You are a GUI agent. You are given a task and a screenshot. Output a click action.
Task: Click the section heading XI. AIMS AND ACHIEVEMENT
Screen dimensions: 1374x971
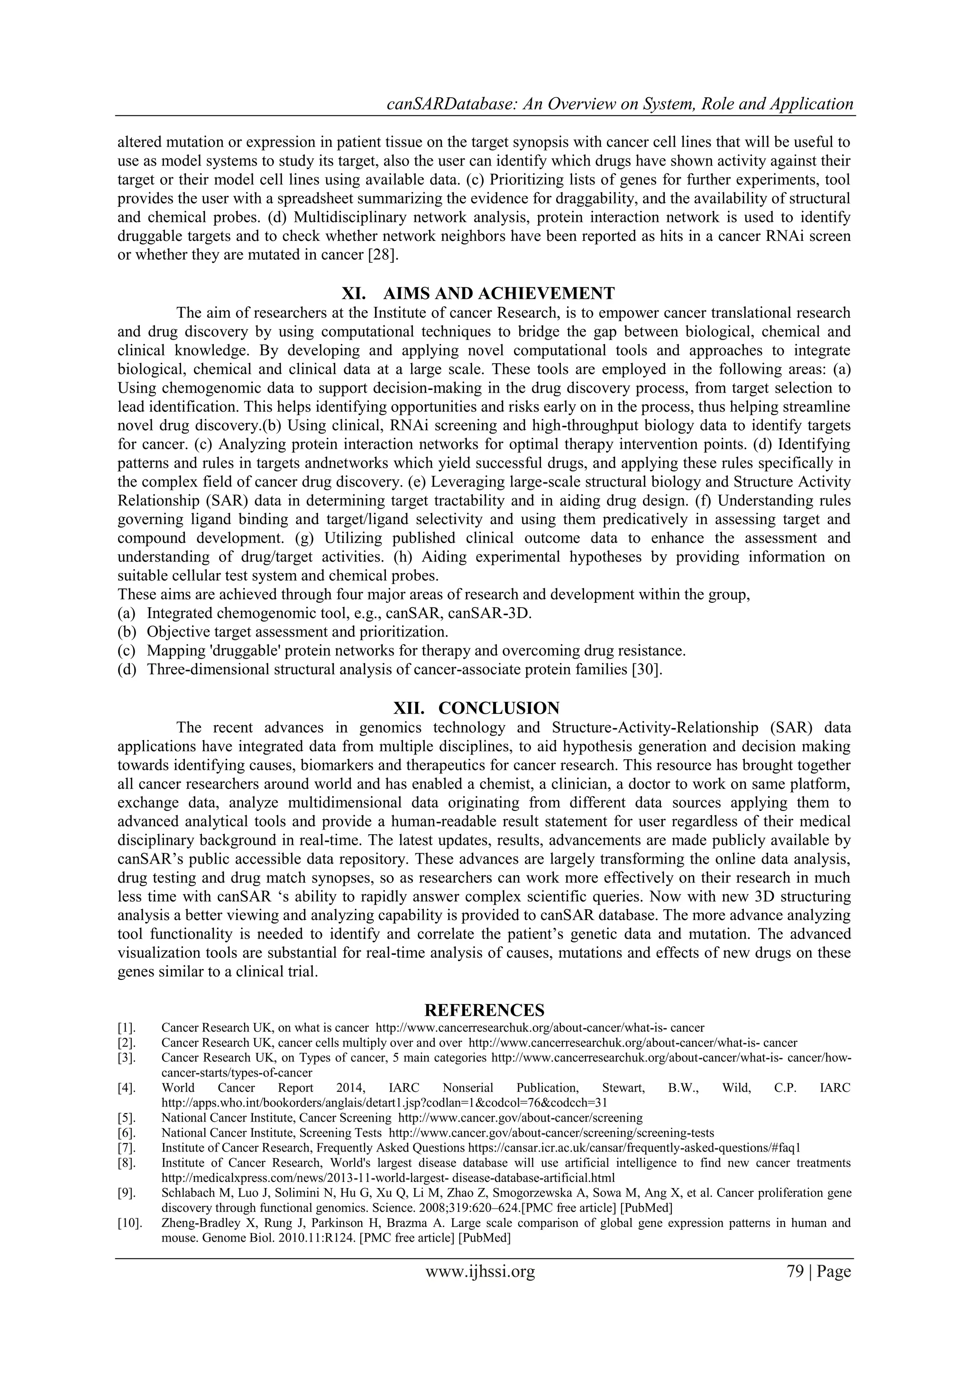[x=477, y=293]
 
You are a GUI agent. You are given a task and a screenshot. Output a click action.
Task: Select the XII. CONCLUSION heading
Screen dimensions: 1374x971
[x=476, y=708]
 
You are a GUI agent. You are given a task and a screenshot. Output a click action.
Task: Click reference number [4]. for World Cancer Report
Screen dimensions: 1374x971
[x=127, y=1088]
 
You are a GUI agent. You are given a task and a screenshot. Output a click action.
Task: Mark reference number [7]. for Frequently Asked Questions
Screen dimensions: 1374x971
[x=127, y=1148]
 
